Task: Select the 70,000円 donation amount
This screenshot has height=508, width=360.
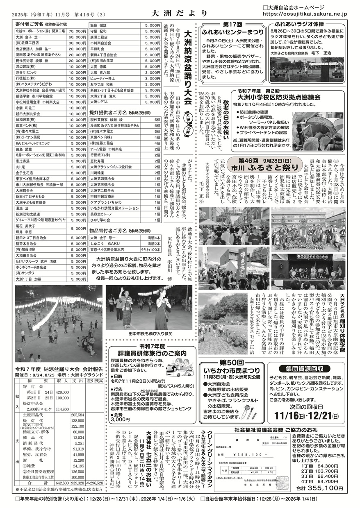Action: [77, 31]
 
